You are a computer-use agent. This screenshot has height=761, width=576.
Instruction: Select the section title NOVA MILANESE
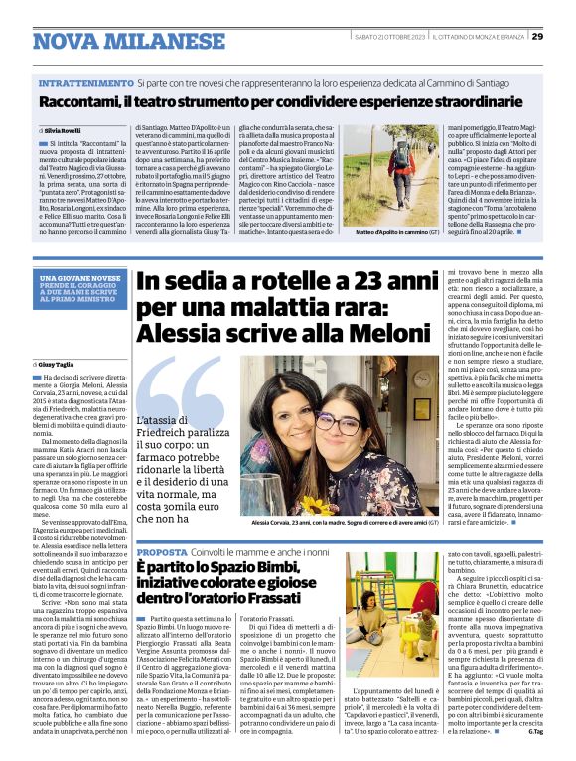[x=116, y=42]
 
